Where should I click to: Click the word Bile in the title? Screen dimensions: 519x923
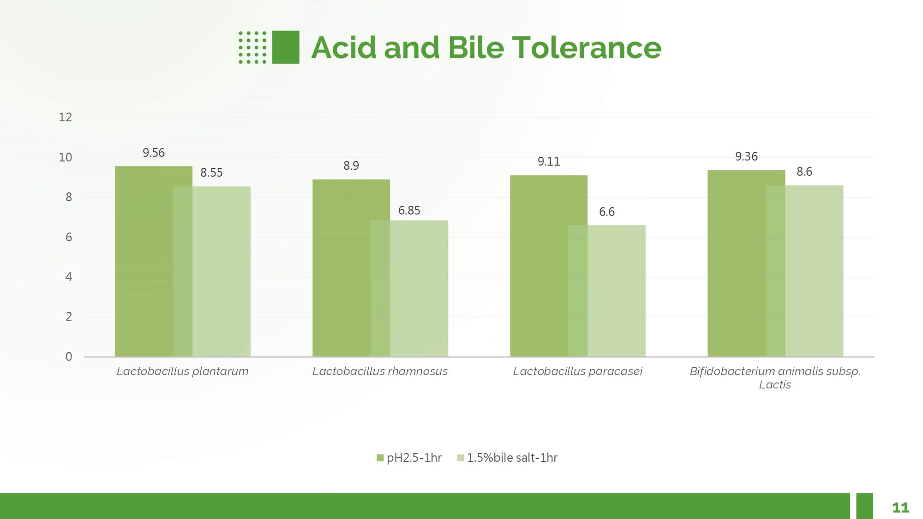click(x=476, y=48)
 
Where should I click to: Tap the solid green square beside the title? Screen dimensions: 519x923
click(x=286, y=47)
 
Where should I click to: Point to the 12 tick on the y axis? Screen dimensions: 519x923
click(x=66, y=117)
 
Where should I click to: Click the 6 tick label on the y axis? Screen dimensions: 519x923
click(x=69, y=237)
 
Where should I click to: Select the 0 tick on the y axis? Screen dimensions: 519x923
click(x=69, y=357)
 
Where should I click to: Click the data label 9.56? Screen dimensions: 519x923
click(x=154, y=153)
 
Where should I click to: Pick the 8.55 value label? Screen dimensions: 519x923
click(x=211, y=173)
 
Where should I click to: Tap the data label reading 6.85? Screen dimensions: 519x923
click(x=409, y=210)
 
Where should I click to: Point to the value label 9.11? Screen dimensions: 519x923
click(x=549, y=161)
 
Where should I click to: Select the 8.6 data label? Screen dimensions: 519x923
click(x=804, y=172)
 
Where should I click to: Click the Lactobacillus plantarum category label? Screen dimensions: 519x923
click(x=182, y=371)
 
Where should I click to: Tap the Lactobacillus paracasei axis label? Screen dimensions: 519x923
click(x=577, y=371)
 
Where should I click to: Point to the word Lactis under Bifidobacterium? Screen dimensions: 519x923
click(x=775, y=385)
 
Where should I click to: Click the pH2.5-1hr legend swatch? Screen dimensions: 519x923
click(x=380, y=458)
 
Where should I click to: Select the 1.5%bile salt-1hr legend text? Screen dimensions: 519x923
click(x=512, y=458)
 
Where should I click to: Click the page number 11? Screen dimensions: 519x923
click(x=900, y=507)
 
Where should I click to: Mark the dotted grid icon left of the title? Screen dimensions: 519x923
click(x=252, y=47)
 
